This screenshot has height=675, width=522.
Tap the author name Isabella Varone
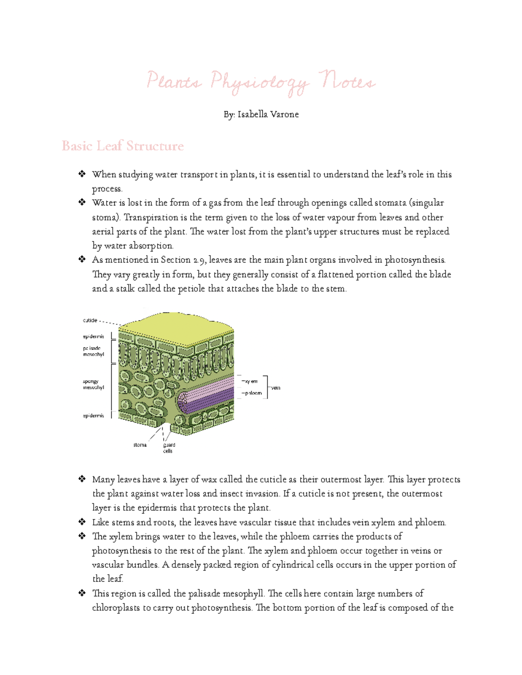coord(268,114)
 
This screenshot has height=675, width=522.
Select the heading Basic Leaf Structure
coord(123,146)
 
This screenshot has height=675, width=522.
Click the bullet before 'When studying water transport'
coord(82,174)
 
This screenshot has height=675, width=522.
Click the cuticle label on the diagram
coord(90,320)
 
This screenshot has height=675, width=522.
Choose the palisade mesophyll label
coord(94,351)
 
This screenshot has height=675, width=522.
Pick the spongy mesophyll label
coord(94,384)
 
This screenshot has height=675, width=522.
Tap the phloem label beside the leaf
coord(253,393)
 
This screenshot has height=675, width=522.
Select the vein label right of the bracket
coord(276,388)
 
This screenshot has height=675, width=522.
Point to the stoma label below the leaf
coord(140,445)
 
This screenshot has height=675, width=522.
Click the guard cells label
coord(169,448)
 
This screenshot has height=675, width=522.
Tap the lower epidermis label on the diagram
coord(94,416)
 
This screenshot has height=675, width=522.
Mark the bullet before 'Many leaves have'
coord(82,479)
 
